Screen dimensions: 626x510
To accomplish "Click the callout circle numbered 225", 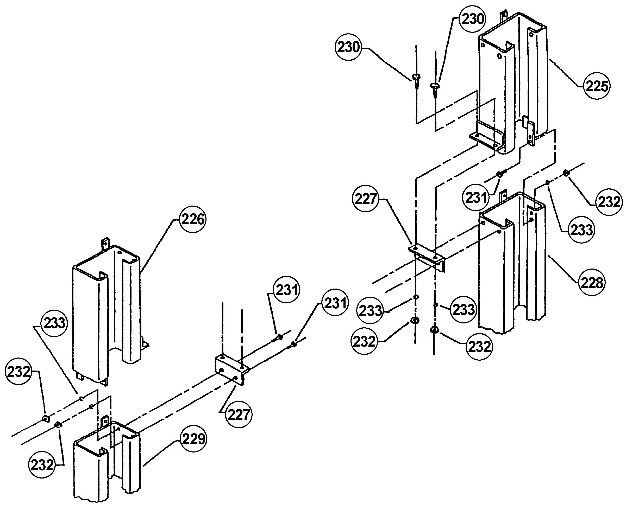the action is tap(597, 86).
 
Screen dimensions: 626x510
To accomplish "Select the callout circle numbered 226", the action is tap(193, 219).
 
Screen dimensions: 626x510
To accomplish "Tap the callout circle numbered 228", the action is tap(592, 283).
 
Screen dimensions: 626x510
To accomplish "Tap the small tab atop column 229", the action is tap(105, 422).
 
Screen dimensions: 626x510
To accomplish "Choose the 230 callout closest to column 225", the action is tap(473, 19).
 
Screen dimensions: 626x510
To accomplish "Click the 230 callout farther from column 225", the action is tap(348, 47).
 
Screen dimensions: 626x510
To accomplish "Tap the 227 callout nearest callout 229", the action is tap(239, 415).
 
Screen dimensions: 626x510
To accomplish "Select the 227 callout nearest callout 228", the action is tap(365, 199).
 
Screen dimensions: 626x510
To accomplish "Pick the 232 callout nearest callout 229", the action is tap(42, 465).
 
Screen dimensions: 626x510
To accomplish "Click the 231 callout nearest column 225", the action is tap(476, 197).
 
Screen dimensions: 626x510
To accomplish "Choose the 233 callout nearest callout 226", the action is tap(54, 323).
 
